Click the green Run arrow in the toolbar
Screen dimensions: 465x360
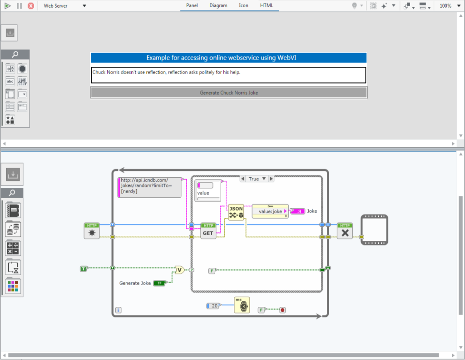(x=7, y=5)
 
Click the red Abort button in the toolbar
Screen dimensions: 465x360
(x=31, y=5)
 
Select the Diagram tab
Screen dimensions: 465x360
(x=218, y=5)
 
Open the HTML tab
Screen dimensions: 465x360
(x=267, y=5)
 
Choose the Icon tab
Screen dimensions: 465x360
(x=243, y=5)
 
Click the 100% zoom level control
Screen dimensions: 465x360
(x=445, y=5)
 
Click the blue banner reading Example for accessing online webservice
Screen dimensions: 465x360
(x=229, y=58)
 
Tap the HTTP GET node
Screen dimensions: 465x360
(x=208, y=231)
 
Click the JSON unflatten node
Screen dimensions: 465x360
(x=236, y=212)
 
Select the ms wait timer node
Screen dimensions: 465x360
(x=242, y=305)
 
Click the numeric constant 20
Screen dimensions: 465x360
(x=213, y=306)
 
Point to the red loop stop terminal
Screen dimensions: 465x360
(x=282, y=310)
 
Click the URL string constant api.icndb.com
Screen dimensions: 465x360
(x=149, y=187)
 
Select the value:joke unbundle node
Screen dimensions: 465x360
(x=270, y=211)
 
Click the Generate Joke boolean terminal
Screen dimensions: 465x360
(x=160, y=283)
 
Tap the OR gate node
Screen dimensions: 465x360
(x=179, y=270)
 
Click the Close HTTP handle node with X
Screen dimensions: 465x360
(x=345, y=231)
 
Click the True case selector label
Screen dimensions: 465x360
(x=254, y=179)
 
